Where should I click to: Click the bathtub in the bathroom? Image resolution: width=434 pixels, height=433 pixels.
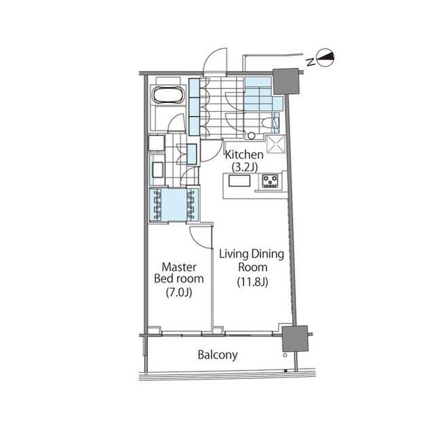(169, 96)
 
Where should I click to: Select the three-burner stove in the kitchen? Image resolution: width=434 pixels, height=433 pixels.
(270, 181)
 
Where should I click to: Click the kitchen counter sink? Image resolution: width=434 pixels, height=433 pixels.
(239, 181)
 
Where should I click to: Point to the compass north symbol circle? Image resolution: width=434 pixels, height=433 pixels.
(325, 58)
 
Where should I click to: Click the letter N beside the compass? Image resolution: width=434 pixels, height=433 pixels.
(311, 62)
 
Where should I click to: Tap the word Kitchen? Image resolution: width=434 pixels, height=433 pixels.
(244, 155)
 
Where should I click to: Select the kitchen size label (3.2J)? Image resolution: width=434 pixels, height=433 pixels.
(244, 167)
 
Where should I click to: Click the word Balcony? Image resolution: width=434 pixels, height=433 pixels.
(218, 355)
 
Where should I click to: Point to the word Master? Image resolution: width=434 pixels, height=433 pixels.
(179, 267)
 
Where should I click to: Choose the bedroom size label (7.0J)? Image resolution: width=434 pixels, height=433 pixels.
(179, 292)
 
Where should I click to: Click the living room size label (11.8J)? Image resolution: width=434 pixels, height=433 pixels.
(252, 281)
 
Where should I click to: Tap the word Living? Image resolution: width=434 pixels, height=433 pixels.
(234, 254)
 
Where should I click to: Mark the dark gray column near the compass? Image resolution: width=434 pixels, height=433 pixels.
(286, 81)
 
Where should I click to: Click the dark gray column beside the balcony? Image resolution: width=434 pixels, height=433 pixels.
(295, 338)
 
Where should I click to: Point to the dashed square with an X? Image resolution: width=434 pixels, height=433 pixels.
(275, 144)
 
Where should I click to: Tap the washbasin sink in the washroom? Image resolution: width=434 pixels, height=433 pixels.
(157, 170)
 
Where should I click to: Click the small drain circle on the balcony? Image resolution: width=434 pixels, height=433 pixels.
(285, 355)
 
